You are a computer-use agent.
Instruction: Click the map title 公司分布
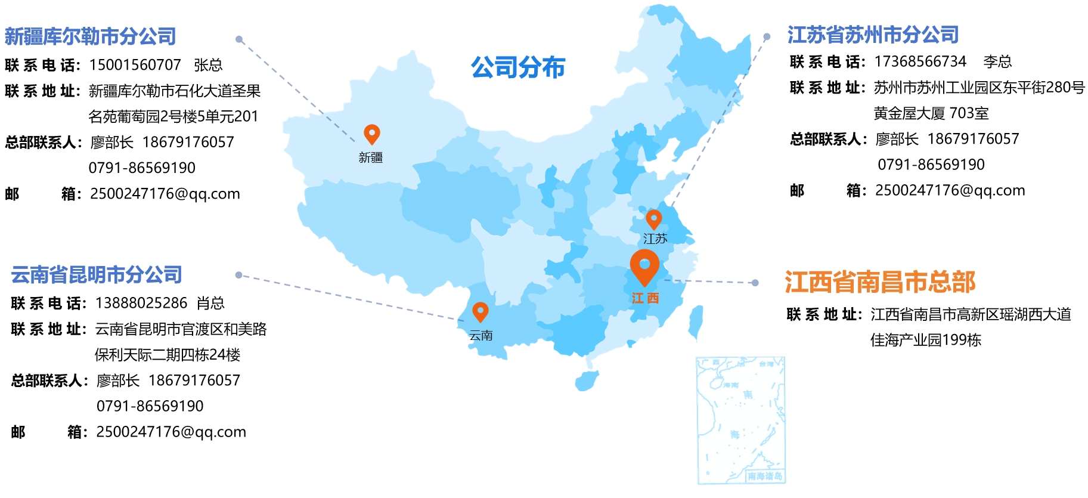coord(517,67)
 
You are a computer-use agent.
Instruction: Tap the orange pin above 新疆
coord(371,133)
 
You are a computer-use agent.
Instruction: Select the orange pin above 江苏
coord(653,218)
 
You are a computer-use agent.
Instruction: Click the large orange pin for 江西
coord(644,265)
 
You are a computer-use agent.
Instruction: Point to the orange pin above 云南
coord(480,311)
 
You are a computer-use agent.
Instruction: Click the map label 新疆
coord(370,157)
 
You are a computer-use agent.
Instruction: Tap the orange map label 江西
coord(645,298)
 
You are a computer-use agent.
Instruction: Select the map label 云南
coord(481,336)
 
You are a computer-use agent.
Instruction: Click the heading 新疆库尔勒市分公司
coord(90,36)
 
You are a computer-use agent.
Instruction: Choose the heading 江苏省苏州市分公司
coord(873,35)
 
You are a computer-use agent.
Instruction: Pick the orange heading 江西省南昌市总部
coord(879,282)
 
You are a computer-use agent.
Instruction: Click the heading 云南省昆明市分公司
coord(97,274)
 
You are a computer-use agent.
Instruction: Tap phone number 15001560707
coord(135,64)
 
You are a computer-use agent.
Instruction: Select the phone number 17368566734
coord(920,61)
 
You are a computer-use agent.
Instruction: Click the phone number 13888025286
coord(141,303)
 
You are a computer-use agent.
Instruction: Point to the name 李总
coord(997,61)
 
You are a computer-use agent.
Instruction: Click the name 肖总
coord(210,303)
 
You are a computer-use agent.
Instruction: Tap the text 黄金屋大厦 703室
coord(931,113)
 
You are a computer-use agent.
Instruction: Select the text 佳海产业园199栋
coord(925,340)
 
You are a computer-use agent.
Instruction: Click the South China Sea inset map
coord(740,420)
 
